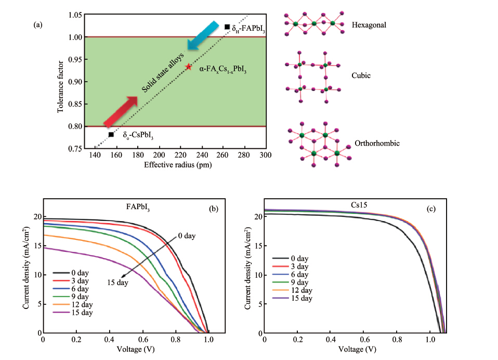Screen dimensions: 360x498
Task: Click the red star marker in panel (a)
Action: click(x=189, y=67)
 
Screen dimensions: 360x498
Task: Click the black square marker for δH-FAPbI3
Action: click(x=227, y=27)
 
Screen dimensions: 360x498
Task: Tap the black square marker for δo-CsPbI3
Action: click(x=111, y=135)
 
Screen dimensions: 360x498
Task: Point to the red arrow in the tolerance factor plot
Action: click(x=121, y=110)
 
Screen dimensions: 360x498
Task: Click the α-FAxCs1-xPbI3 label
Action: click(x=223, y=68)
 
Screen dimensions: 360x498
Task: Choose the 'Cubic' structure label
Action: click(x=361, y=75)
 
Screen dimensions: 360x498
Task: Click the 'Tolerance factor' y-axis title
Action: click(x=61, y=82)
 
